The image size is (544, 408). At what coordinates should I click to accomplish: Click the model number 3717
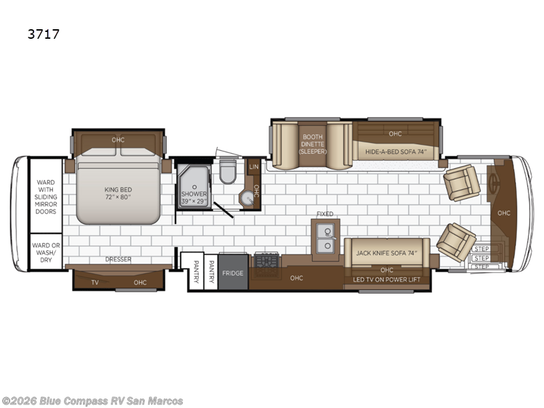tap(44, 34)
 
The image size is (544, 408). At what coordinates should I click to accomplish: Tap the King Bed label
tap(118, 193)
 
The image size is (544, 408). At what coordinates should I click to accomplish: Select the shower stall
tap(194, 187)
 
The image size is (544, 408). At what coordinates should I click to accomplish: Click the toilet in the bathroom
tap(228, 172)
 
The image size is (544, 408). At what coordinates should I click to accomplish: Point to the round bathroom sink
tap(248, 199)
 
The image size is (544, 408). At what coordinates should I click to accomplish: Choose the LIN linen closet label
tap(254, 167)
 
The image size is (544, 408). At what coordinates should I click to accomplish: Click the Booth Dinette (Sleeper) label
tap(313, 144)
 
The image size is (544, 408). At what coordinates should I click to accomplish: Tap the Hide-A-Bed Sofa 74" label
tap(396, 152)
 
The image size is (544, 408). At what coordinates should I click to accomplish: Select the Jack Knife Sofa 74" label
tap(386, 253)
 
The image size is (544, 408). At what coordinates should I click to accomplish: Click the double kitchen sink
tap(326, 237)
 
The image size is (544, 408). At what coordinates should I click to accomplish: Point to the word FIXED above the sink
tap(325, 214)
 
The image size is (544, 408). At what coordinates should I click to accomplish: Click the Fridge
tap(233, 272)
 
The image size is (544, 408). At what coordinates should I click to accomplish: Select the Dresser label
tap(118, 259)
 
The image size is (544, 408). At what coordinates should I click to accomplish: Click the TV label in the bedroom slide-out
tap(95, 282)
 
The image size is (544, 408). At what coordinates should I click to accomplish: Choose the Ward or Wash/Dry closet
tap(46, 252)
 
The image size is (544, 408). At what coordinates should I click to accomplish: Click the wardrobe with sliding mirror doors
tap(46, 196)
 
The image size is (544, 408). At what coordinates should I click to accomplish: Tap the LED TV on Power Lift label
tap(386, 279)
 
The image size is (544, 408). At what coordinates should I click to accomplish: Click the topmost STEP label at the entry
tap(481, 249)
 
